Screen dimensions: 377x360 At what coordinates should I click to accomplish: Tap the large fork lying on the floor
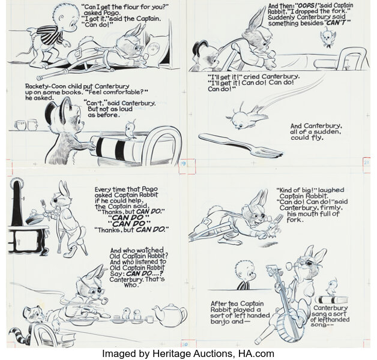click(241, 145)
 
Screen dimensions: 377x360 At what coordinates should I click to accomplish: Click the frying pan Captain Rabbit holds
click(34, 216)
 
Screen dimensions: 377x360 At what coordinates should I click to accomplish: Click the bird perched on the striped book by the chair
click(131, 130)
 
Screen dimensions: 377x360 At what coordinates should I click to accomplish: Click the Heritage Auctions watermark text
click(188, 353)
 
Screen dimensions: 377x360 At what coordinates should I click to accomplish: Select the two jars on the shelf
click(26, 125)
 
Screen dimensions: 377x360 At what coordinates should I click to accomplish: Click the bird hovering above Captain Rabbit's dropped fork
click(327, 37)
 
